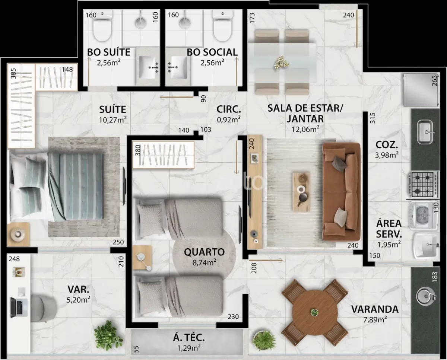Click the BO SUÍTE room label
click(x=109, y=52)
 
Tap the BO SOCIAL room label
click(x=212, y=52)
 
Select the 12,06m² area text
click(x=305, y=129)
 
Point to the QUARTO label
click(x=205, y=252)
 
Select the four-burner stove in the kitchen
click(x=424, y=184)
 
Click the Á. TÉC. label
click(x=189, y=338)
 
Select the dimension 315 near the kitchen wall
click(x=373, y=118)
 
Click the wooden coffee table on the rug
click(x=301, y=189)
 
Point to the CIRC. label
click(x=229, y=109)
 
